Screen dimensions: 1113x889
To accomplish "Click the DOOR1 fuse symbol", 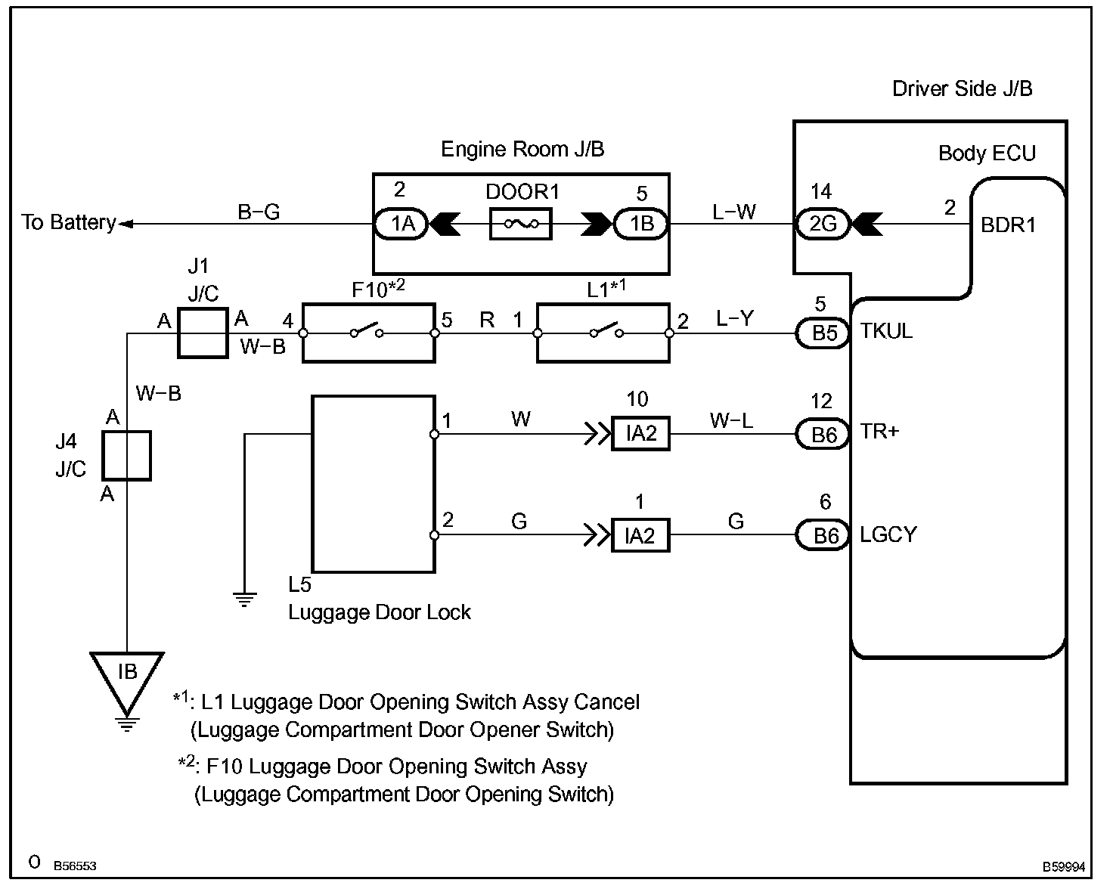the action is coord(521,224).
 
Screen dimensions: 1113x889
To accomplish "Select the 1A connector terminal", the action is coord(401,224).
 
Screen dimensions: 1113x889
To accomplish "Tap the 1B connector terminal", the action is coord(640,224).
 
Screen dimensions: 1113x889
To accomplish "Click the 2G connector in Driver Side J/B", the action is coord(822,224).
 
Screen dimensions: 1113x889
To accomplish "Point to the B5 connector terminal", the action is coord(823,333).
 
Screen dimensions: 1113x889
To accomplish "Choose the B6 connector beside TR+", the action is coord(823,435).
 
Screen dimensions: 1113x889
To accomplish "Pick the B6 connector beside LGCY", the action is coord(823,535).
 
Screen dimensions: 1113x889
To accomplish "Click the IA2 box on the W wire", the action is coord(640,433).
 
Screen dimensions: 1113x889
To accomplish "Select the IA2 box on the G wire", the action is coord(640,535).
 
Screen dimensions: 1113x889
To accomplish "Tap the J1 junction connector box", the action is coord(203,333).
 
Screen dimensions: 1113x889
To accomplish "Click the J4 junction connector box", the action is coord(127,456).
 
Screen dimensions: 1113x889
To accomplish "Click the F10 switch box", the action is coord(369,333).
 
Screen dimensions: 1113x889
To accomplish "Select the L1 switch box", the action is coord(603,333).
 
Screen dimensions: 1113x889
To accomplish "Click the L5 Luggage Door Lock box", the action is coord(374,484).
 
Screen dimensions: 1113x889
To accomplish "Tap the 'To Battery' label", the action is coord(69,222).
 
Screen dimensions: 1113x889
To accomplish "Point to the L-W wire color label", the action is coord(734,212).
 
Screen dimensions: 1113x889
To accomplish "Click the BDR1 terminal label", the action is coord(1008,225).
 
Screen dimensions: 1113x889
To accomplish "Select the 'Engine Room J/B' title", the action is coord(522,149).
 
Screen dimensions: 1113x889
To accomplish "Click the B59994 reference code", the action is coord(1063,867).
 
